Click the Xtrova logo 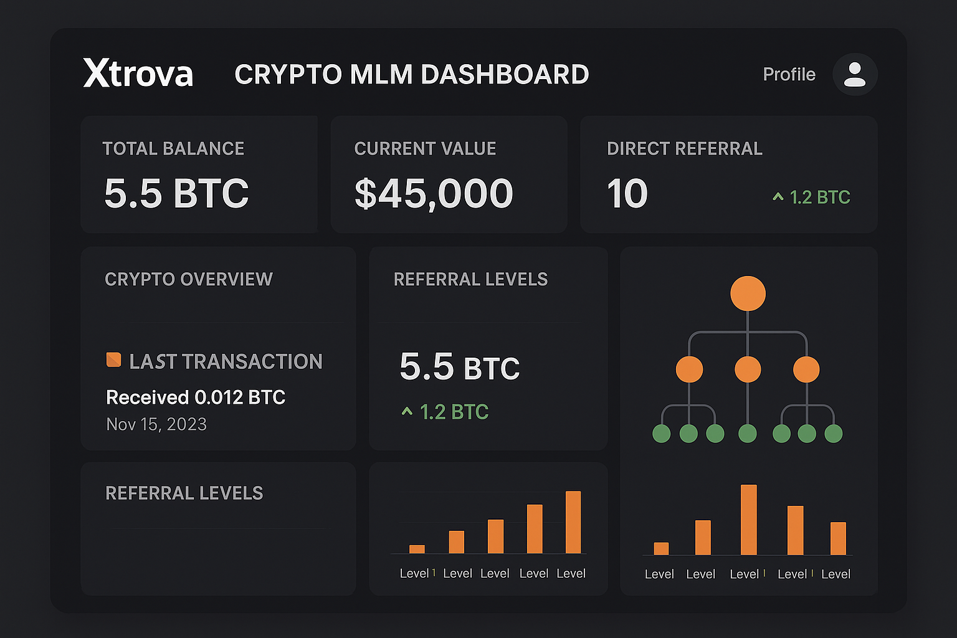click(138, 74)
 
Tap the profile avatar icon click(854, 74)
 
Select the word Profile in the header click(789, 74)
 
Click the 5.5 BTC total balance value click(176, 193)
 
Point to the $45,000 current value click(434, 193)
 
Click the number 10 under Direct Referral click(627, 194)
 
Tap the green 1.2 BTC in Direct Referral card click(819, 198)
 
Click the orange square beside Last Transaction click(113, 360)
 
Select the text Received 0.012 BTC click(196, 398)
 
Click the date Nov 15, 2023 click(156, 424)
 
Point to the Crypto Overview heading click(189, 279)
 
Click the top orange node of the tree click(748, 293)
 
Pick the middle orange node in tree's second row click(748, 369)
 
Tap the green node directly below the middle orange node click(747, 433)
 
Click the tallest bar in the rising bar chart click(573, 522)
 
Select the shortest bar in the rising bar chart click(417, 549)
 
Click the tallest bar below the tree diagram click(748, 520)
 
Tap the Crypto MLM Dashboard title click(411, 75)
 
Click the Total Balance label click(173, 149)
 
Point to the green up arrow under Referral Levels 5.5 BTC click(407, 411)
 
